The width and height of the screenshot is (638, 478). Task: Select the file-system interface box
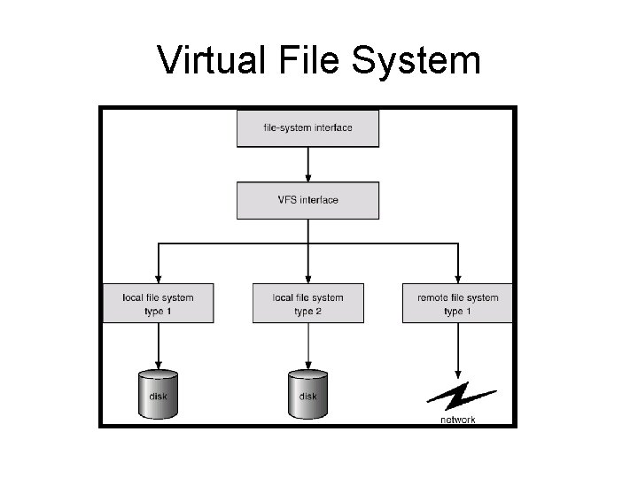(307, 127)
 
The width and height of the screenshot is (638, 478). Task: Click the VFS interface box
(307, 200)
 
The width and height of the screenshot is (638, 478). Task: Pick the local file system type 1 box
(158, 304)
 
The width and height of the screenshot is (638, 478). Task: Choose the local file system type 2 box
(307, 304)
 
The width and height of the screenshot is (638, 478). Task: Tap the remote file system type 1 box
(458, 304)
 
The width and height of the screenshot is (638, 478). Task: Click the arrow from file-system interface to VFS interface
(307, 164)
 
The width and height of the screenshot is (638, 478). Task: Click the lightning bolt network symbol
(457, 396)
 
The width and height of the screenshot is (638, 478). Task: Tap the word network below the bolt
(458, 420)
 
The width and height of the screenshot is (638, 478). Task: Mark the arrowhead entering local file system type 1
(158, 277)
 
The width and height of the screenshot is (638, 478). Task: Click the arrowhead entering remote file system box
(458, 277)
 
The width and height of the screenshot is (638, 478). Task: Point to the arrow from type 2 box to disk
(307, 345)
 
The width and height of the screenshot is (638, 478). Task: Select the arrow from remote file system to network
(458, 350)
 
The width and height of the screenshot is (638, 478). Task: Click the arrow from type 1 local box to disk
(158, 345)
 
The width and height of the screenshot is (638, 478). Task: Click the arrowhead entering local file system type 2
(307, 277)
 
